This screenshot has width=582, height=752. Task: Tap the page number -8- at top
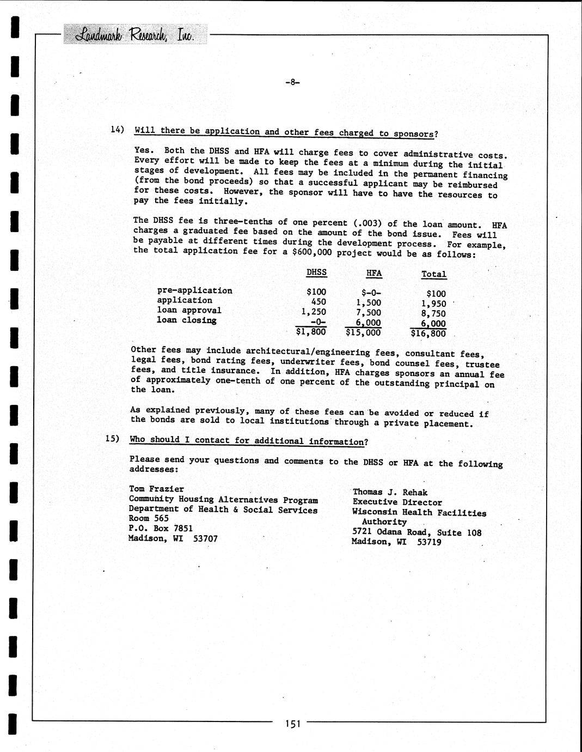pos(292,82)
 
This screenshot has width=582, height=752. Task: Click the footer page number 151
pos(292,724)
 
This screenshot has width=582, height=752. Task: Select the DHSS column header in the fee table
pos(316,272)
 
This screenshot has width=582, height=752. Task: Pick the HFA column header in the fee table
pos(374,274)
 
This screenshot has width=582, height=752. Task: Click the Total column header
pos(433,275)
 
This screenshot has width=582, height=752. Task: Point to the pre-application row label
pos(194,290)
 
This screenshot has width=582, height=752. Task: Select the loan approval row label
pos(189,310)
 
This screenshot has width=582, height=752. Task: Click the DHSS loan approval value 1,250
pos(314,312)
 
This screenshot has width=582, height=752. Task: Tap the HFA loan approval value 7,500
pos(369,313)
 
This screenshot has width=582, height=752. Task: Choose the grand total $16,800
pos(428,333)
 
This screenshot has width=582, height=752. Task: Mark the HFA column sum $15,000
pos(363,332)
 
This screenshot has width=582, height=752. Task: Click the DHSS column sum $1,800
pos(311,331)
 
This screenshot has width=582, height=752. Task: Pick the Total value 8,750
pos(433,314)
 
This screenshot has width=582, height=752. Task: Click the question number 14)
pos(118,130)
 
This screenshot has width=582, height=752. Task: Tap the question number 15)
pos(112,439)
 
